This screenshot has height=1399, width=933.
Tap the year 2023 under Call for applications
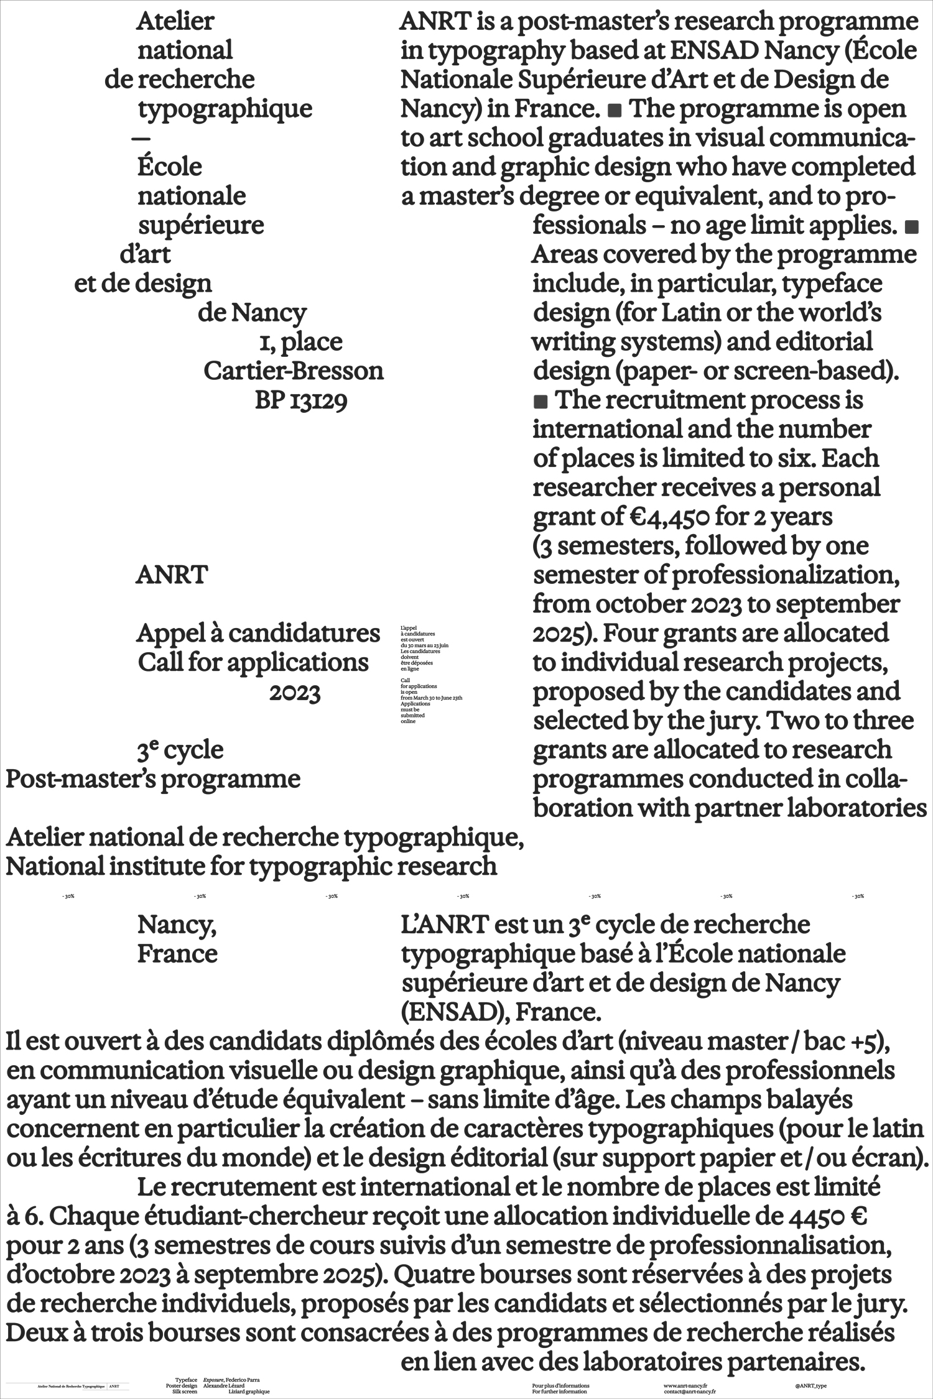[294, 693]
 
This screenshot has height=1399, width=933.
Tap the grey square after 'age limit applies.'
[911, 227]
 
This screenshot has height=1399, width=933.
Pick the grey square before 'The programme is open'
[615, 111]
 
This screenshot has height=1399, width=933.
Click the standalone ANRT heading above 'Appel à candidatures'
[172, 575]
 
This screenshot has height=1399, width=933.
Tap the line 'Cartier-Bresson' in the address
[294, 371]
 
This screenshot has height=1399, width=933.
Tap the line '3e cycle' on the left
[180, 750]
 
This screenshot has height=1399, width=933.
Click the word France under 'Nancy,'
[177, 953]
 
